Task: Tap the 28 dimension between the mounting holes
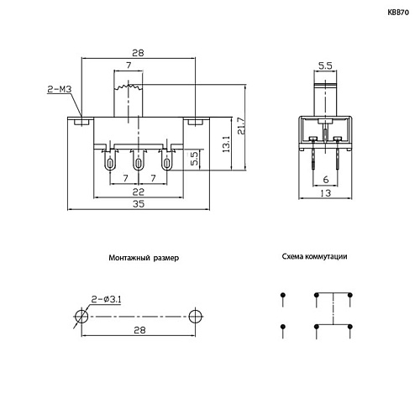pyautogui.click(x=139, y=331)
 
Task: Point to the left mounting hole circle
pyautogui.click(x=81, y=316)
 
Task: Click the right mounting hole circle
pyautogui.click(x=197, y=316)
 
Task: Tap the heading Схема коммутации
pyautogui.click(x=314, y=258)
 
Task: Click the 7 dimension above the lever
pyautogui.click(x=128, y=65)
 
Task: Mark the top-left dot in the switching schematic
pyautogui.click(x=282, y=294)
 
